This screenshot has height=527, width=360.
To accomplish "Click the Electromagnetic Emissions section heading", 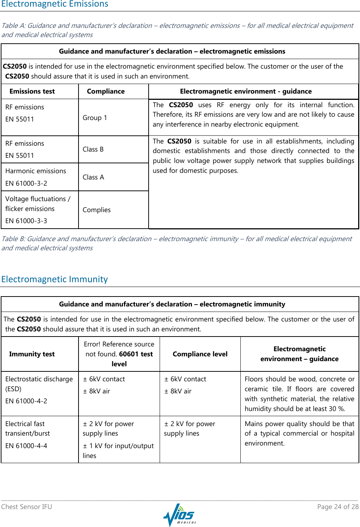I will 55,4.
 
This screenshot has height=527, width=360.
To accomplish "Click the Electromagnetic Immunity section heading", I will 54,279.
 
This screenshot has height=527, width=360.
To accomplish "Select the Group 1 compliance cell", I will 95,118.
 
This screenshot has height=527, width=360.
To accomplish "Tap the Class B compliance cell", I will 93,149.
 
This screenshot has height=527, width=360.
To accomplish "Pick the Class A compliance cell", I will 93,177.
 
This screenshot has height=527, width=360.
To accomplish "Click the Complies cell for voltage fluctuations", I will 97,210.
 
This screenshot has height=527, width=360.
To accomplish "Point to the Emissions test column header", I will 32,91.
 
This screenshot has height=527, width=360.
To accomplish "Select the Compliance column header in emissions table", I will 106,91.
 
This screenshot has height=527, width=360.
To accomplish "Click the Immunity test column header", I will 32,354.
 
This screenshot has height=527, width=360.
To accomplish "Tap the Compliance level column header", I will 200,354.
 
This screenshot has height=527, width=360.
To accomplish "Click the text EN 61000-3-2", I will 26,183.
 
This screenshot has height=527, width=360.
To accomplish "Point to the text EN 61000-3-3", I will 26,221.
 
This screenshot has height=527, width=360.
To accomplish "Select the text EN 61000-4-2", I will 26,401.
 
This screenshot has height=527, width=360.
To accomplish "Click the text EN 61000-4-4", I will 26,446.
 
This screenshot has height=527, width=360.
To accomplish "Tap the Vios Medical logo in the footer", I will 179,515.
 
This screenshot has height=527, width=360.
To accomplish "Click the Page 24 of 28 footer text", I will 338,507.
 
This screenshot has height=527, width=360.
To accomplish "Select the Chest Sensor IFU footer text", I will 26,507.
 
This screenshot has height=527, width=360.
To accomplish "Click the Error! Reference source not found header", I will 119,354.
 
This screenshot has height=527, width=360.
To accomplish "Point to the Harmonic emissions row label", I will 36,171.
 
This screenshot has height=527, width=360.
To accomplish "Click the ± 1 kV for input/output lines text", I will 118,450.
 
